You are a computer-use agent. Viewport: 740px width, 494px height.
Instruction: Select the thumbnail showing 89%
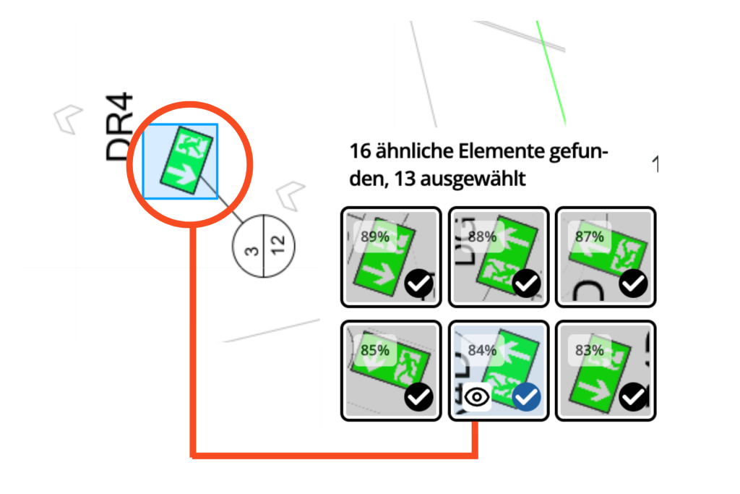[390, 257]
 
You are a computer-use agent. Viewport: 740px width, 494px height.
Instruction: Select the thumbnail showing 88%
[499, 257]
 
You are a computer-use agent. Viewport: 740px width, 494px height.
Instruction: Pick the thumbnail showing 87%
[606, 257]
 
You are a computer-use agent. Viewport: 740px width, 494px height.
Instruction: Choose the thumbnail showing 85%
[390, 370]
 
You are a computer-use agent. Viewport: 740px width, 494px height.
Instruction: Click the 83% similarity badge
[590, 351]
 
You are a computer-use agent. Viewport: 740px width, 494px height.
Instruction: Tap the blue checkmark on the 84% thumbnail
[527, 396]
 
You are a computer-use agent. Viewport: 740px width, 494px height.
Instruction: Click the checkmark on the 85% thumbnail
[420, 396]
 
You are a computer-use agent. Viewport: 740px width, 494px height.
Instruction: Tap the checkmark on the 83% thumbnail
[634, 396]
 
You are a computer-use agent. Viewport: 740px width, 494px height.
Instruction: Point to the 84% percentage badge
[482, 351]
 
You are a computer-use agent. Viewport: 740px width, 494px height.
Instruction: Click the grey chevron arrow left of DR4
[69, 118]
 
